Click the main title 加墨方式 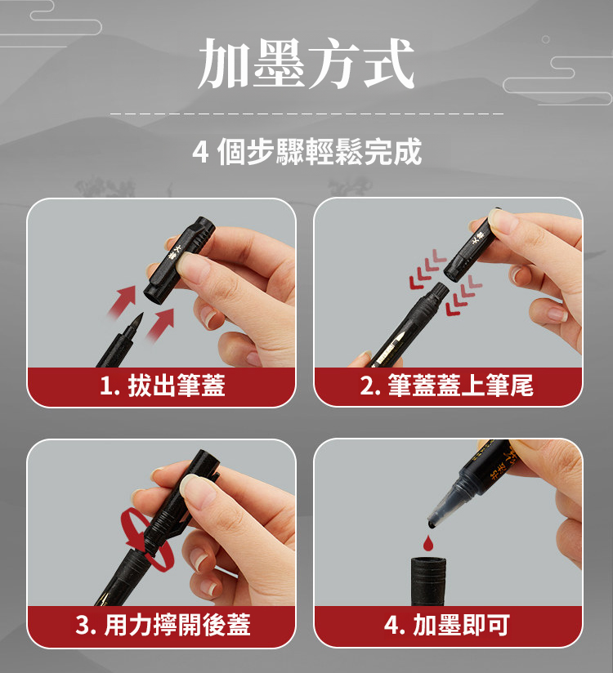pyautogui.click(x=306, y=64)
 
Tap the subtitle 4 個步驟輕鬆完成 pyautogui.click(x=306, y=152)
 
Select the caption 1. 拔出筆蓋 pyautogui.click(x=163, y=385)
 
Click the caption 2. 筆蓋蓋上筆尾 pyautogui.click(x=447, y=385)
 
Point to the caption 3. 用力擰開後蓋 pyautogui.click(x=163, y=625)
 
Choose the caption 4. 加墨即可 pyautogui.click(x=447, y=625)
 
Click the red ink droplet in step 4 pyautogui.click(x=427, y=543)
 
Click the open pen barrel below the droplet pyautogui.click(x=428, y=582)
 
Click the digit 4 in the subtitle pyautogui.click(x=200, y=153)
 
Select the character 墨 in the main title pyautogui.click(x=279, y=64)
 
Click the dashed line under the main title pyautogui.click(x=306, y=114)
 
